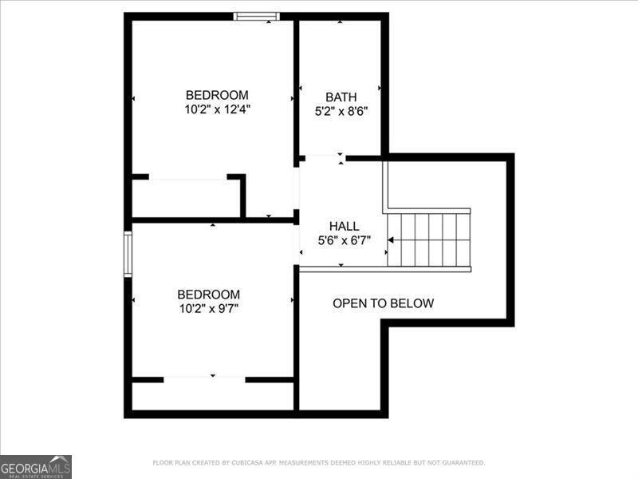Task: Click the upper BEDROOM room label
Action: click(217, 94)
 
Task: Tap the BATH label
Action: click(341, 97)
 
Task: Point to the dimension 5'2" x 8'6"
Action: click(341, 112)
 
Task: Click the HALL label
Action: click(344, 226)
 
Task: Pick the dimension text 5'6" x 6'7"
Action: click(344, 240)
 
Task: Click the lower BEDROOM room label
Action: click(208, 294)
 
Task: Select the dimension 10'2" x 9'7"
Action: click(208, 308)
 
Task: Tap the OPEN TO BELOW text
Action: click(383, 303)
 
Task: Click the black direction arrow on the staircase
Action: click(392, 239)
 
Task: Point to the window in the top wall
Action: click(256, 15)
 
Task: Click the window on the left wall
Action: click(127, 253)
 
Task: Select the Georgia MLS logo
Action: click(36, 466)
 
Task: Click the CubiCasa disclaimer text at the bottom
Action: click(318, 462)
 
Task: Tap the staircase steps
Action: click(431, 239)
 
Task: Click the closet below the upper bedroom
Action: click(186, 198)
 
